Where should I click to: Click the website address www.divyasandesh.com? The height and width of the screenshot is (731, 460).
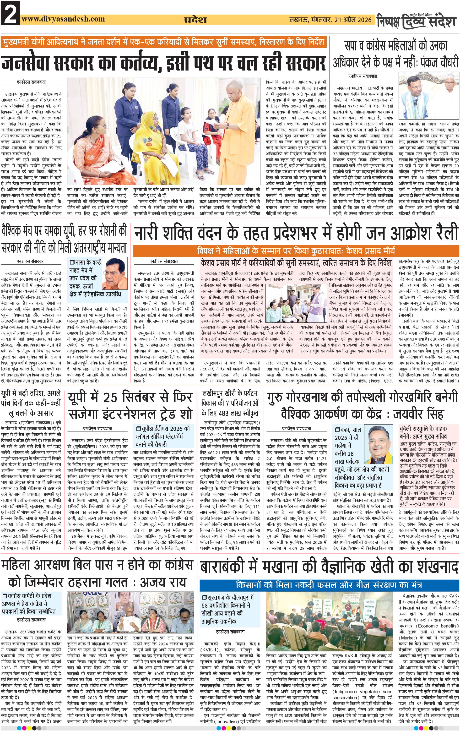[63, 19]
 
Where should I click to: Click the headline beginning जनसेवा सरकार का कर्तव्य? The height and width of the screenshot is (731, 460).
[164, 62]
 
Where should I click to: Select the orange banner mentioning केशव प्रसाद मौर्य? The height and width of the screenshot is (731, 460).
[296, 251]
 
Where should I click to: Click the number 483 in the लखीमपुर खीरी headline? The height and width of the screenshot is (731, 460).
[221, 413]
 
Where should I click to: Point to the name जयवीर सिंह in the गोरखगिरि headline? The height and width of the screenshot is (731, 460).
[419, 414]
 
